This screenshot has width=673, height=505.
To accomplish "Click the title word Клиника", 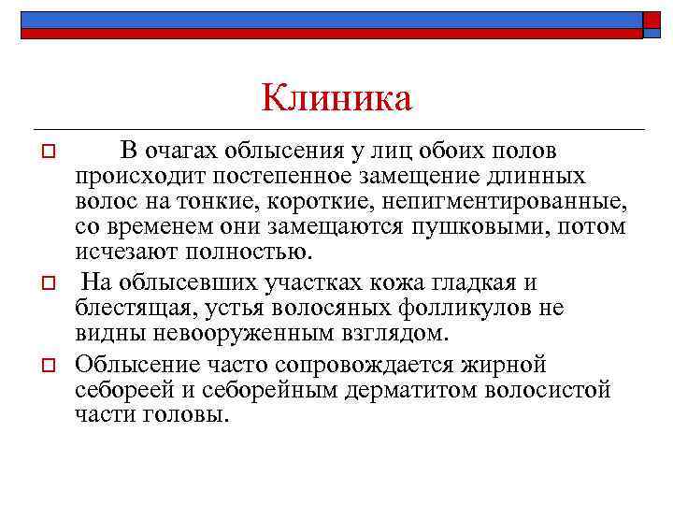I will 336,97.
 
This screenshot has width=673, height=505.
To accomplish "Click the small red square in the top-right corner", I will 652,21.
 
